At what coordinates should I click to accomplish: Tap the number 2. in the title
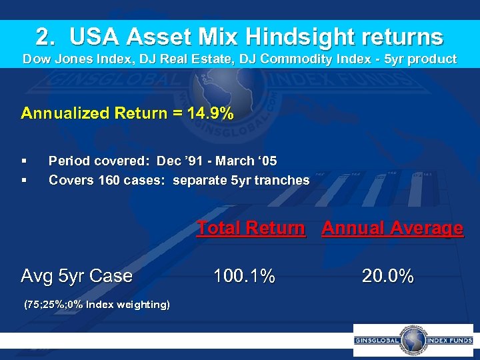48,36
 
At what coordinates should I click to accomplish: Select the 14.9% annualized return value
211,113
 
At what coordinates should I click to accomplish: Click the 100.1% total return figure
243,275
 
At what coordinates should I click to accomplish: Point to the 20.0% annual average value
387,275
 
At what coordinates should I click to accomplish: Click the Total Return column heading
251,228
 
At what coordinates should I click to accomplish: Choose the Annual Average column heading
392,228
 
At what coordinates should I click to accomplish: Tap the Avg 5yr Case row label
77,275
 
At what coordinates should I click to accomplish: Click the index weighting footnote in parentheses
97,305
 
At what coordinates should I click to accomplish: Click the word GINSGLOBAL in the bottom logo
377,341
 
